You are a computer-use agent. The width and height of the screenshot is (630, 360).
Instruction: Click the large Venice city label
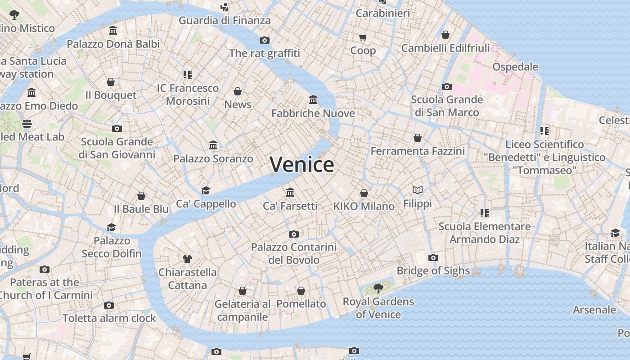click(302, 164)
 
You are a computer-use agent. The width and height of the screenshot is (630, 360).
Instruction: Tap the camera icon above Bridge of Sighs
click(433, 257)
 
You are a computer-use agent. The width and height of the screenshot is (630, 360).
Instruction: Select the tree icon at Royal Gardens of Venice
click(378, 288)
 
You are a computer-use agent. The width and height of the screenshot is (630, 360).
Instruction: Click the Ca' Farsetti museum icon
click(290, 192)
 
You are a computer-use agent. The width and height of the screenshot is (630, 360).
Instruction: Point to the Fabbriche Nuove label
click(313, 113)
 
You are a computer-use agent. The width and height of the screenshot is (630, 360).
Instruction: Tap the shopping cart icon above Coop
click(363, 37)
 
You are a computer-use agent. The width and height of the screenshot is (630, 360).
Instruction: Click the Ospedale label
click(515, 67)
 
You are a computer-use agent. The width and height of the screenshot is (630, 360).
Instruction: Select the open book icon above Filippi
click(418, 190)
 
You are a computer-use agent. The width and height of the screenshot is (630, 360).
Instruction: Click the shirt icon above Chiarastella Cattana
click(187, 259)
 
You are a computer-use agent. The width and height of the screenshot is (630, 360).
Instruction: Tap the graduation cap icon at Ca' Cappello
click(206, 190)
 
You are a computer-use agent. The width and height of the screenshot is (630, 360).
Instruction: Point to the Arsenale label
click(594, 310)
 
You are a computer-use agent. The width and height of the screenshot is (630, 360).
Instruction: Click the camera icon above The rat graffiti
click(265, 40)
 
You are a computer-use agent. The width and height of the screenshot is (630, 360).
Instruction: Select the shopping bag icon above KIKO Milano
click(364, 193)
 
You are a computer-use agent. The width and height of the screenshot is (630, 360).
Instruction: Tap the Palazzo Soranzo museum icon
click(213, 145)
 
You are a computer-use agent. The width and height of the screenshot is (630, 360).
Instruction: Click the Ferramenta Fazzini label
click(417, 151)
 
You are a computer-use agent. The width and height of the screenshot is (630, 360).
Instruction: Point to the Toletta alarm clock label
click(109, 318)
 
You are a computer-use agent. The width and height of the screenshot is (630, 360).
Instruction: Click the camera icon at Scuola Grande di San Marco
click(446, 86)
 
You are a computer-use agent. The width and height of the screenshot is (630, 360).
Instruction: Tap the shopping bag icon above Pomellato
click(301, 291)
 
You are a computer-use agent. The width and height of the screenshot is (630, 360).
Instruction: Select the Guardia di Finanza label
click(225, 20)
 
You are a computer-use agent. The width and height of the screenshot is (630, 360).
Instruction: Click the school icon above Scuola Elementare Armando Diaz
click(484, 213)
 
